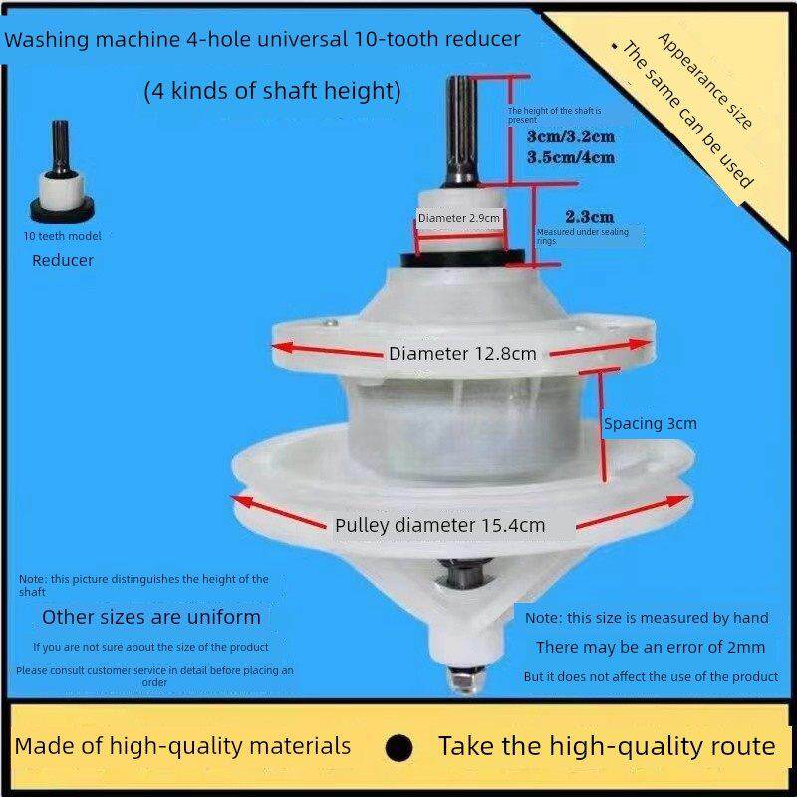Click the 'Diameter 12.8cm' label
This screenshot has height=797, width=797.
tap(462, 354)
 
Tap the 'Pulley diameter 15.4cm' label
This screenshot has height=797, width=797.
tap(439, 525)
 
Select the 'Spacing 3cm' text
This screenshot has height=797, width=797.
tap(651, 424)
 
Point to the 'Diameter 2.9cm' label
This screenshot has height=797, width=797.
tap(459, 218)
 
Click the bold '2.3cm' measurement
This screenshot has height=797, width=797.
tap(589, 217)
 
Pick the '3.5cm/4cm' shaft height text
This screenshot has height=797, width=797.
tap(571, 157)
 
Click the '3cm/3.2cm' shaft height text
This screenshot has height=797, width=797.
tap(571, 136)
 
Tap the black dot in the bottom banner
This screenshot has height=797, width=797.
tap(399, 748)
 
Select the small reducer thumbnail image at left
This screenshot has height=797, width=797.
tap(62, 171)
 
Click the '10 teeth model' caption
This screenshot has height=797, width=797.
tap(62, 236)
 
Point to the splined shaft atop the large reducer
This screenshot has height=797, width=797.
tap(461, 131)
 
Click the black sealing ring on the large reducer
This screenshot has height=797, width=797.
tap(463, 258)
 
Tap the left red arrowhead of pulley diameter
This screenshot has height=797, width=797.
tap(242, 502)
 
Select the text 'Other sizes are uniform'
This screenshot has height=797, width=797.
tap(151, 617)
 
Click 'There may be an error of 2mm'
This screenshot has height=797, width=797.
tap(651, 647)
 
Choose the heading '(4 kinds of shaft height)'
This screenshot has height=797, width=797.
tap(273, 92)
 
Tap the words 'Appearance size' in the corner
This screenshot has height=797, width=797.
tap(704, 81)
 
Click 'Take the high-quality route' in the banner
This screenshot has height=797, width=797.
tap(607, 747)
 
